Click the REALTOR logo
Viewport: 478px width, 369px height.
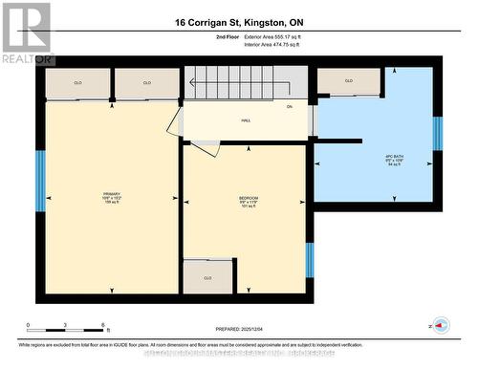tap(26, 33)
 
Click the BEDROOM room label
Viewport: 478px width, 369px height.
tap(249, 200)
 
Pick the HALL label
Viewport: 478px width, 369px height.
tap(246, 120)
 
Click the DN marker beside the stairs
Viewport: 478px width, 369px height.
tap(289, 106)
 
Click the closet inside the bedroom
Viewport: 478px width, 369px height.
tap(207, 277)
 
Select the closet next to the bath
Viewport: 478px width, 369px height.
tap(349, 81)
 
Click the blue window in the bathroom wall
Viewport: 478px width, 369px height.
tap(437, 134)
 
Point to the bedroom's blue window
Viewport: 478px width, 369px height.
tap(309, 259)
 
